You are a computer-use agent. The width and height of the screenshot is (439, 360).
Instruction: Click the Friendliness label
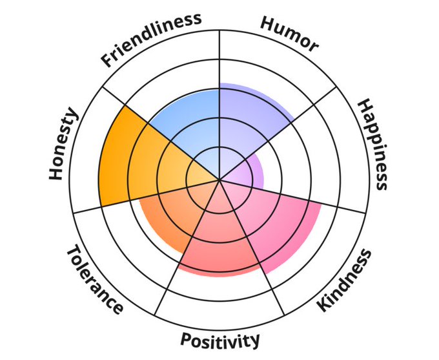(x=151, y=40)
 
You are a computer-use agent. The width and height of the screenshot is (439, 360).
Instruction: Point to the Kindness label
(x=345, y=280)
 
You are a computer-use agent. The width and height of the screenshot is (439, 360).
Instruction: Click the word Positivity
(x=220, y=339)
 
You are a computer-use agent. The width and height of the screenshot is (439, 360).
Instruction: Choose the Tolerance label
(x=94, y=279)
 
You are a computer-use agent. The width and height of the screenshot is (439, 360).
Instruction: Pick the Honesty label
(x=63, y=145)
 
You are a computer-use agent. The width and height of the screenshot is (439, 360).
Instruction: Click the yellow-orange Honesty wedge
(x=129, y=158)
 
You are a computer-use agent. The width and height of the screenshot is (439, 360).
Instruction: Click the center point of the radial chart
(x=219, y=180)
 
